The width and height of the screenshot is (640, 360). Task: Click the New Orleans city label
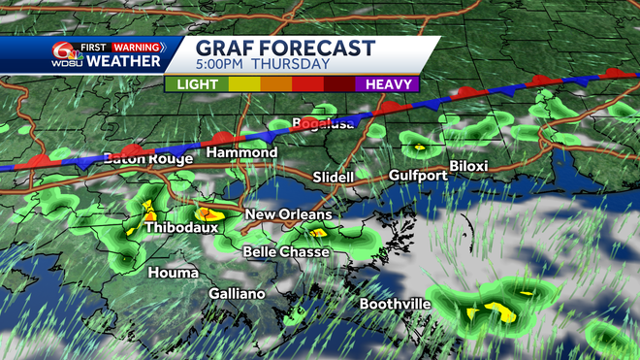tap(288, 214)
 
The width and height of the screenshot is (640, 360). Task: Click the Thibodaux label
tap(179, 228)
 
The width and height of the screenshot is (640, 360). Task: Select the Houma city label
tap(173, 273)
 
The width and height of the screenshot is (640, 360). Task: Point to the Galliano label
tap(237, 294)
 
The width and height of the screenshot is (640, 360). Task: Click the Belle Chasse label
tap(286, 252)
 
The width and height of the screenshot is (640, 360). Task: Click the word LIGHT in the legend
tap(195, 84)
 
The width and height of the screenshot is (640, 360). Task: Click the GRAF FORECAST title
tap(285, 48)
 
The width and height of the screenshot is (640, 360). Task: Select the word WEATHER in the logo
tap(124, 62)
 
